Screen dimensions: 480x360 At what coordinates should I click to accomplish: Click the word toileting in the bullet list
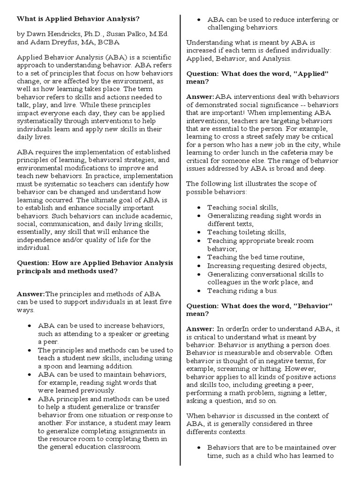pyautogui.click(x=253, y=232)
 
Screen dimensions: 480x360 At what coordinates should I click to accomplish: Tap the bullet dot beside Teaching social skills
pyautogui.click(x=199, y=207)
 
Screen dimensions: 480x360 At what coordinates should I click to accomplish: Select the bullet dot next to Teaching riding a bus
pyautogui.click(x=199, y=291)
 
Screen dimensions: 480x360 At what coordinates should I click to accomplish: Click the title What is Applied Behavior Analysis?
pyautogui.click(x=78, y=19)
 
